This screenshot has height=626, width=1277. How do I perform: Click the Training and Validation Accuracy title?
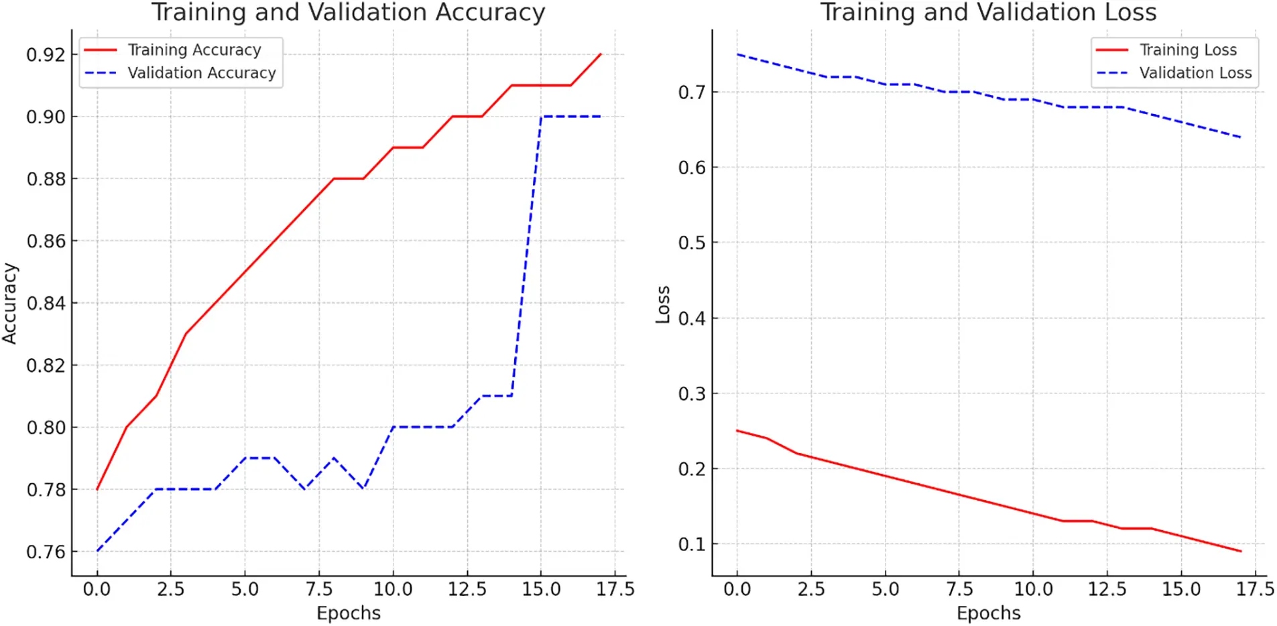tap(348, 13)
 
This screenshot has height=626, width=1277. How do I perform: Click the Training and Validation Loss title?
tap(988, 13)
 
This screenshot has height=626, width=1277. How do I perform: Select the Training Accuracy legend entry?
tap(194, 50)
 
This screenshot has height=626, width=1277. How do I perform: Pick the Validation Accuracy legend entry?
tap(201, 73)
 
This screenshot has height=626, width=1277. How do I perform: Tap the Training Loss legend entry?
tap(1188, 50)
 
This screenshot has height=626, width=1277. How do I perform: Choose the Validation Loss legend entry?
tap(1195, 73)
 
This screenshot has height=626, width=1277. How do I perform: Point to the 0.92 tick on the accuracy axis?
tap(46, 55)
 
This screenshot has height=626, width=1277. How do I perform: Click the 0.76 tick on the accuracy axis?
tap(46, 552)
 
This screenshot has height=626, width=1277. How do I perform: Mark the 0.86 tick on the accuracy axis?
tap(46, 241)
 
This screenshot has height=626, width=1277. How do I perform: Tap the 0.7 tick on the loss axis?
tap(692, 92)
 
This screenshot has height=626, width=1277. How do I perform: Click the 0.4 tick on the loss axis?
tap(692, 318)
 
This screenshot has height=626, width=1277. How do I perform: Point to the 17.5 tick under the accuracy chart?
tap(615, 589)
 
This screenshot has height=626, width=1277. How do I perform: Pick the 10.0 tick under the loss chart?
tap(1033, 589)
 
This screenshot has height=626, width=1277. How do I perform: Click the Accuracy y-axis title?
tap(9, 303)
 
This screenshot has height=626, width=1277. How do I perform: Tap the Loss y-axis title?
tap(663, 305)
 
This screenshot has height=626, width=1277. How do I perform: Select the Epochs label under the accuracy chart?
tap(349, 613)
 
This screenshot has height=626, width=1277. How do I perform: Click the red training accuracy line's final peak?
tap(601, 54)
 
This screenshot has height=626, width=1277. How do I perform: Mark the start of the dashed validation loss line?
tap(737, 54)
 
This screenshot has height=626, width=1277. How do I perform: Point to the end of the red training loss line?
tap(1241, 552)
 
